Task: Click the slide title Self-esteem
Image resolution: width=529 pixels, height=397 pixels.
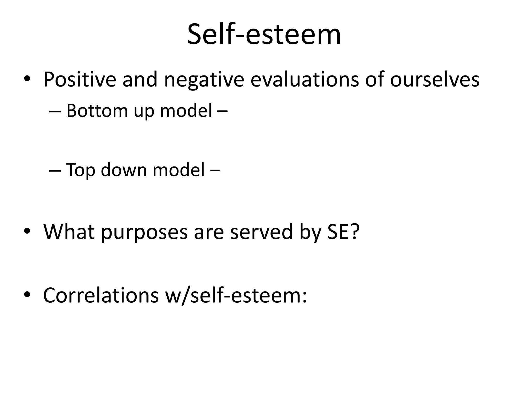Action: (x=264, y=34)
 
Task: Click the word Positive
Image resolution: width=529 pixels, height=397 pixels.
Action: (x=80, y=79)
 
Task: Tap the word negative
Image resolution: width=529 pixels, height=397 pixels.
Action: (x=204, y=79)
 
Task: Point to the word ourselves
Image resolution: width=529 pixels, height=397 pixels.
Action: (x=435, y=79)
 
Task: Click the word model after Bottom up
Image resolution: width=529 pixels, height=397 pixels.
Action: (x=186, y=111)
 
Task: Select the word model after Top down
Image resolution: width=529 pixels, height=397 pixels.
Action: (x=179, y=170)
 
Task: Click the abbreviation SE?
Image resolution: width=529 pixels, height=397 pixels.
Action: (x=343, y=232)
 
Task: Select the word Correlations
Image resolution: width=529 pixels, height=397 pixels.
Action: (x=101, y=295)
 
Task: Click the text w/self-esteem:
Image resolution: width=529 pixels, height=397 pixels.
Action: (x=236, y=295)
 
